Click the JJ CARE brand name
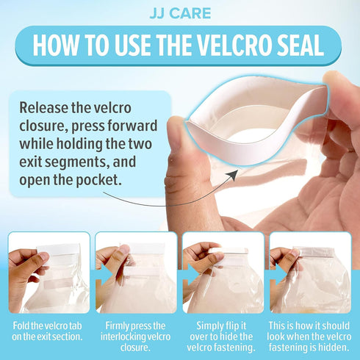tap(180, 13)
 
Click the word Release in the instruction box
tap(43, 107)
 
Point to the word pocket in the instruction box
tap(98, 180)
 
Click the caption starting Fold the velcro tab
tap(47, 331)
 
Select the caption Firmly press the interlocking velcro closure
tap(135, 336)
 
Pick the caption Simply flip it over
tap(221, 336)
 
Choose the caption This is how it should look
tap(309, 336)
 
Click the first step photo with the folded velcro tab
tap(49, 273)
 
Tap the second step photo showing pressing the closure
tap(136, 273)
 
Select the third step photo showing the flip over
tap(223, 273)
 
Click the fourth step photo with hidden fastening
tap(311, 273)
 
